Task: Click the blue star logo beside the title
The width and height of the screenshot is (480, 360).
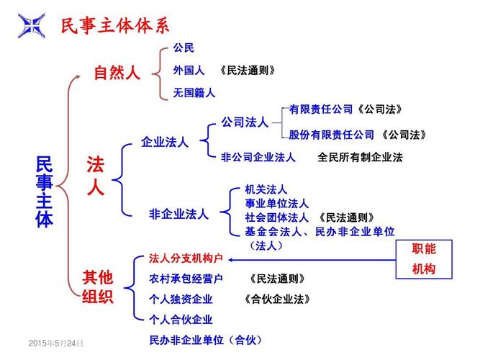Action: click(32, 26)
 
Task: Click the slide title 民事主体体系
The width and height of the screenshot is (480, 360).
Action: click(115, 25)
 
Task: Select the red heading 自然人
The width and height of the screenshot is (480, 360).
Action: click(117, 73)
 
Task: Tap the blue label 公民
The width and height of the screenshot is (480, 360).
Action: click(184, 48)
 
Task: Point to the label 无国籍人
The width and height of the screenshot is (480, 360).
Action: click(194, 93)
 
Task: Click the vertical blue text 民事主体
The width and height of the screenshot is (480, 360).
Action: click(45, 192)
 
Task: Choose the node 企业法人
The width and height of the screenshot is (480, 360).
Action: click(165, 142)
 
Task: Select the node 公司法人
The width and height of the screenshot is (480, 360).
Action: click(245, 122)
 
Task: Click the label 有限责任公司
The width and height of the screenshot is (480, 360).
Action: click(321, 109)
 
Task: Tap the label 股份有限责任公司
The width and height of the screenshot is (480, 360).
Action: click(332, 135)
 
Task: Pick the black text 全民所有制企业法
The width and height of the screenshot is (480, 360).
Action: click(360, 157)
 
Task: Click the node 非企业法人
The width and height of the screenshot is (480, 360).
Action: click(178, 214)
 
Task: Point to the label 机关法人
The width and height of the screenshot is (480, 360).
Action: click(266, 189)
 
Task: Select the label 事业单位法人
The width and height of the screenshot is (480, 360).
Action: click(277, 203)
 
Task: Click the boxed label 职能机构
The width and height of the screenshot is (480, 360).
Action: click(424, 259)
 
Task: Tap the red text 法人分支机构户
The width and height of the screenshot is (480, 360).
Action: click(186, 258)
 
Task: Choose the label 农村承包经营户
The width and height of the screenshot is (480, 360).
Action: click(186, 279)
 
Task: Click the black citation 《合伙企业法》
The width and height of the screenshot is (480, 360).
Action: click(277, 299)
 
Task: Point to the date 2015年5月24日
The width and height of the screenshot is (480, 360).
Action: click(55, 343)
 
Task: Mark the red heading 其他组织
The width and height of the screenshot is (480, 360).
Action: click(98, 287)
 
